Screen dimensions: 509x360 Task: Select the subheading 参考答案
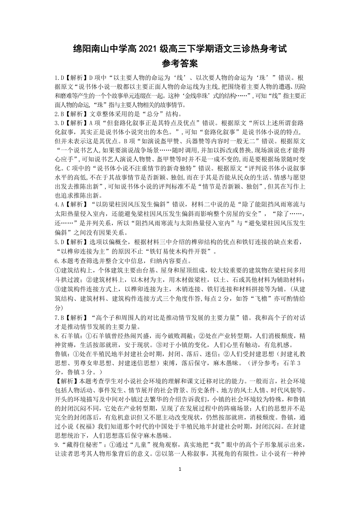[x=180, y=63]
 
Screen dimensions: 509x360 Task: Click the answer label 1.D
[x=59, y=78]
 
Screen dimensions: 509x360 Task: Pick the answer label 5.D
[x=59, y=241]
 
